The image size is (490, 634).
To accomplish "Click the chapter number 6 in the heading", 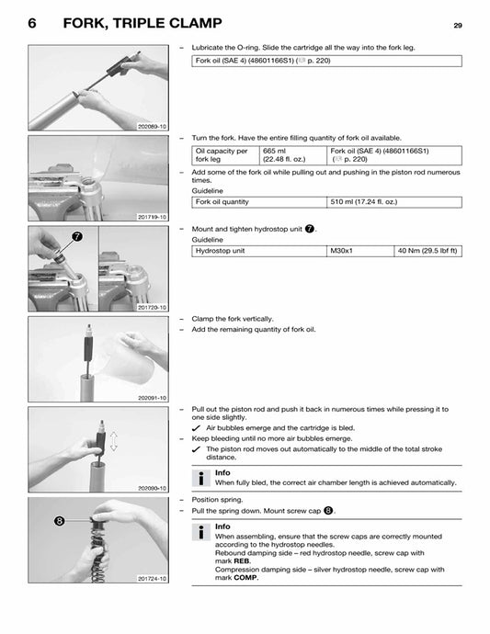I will [x=33, y=24].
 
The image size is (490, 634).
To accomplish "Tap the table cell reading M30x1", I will [x=341, y=251].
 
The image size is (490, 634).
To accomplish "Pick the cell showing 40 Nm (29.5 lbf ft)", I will [x=427, y=251].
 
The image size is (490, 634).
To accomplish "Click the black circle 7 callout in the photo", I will [x=76, y=236].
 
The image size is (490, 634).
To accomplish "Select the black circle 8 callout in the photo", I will [x=58, y=520].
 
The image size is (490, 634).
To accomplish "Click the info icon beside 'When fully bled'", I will [x=199, y=478].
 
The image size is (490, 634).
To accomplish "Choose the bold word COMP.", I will [x=245, y=578].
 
